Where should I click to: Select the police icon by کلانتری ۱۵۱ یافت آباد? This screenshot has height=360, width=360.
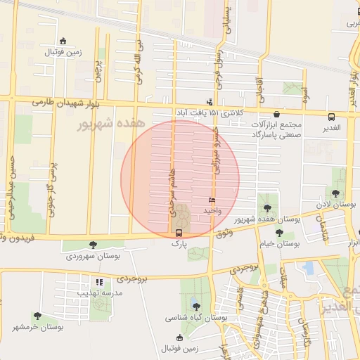pyautogui.click(x=209, y=101)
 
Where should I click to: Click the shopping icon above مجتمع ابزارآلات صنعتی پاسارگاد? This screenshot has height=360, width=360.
pyautogui.click(x=277, y=114)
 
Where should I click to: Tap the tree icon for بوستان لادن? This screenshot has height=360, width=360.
pyautogui.click(x=335, y=193)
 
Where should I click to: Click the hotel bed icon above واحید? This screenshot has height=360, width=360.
pyautogui.click(x=212, y=201)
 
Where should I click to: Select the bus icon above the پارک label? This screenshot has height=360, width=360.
pyautogui.click(x=179, y=233)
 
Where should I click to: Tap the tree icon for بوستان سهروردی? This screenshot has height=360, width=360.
pyautogui.click(x=93, y=245)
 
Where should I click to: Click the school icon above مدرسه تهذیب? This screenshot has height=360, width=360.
pyautogui.click(x=99, y=282)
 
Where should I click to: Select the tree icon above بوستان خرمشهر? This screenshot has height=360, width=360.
pyautogui.click(x=37, y=316)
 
